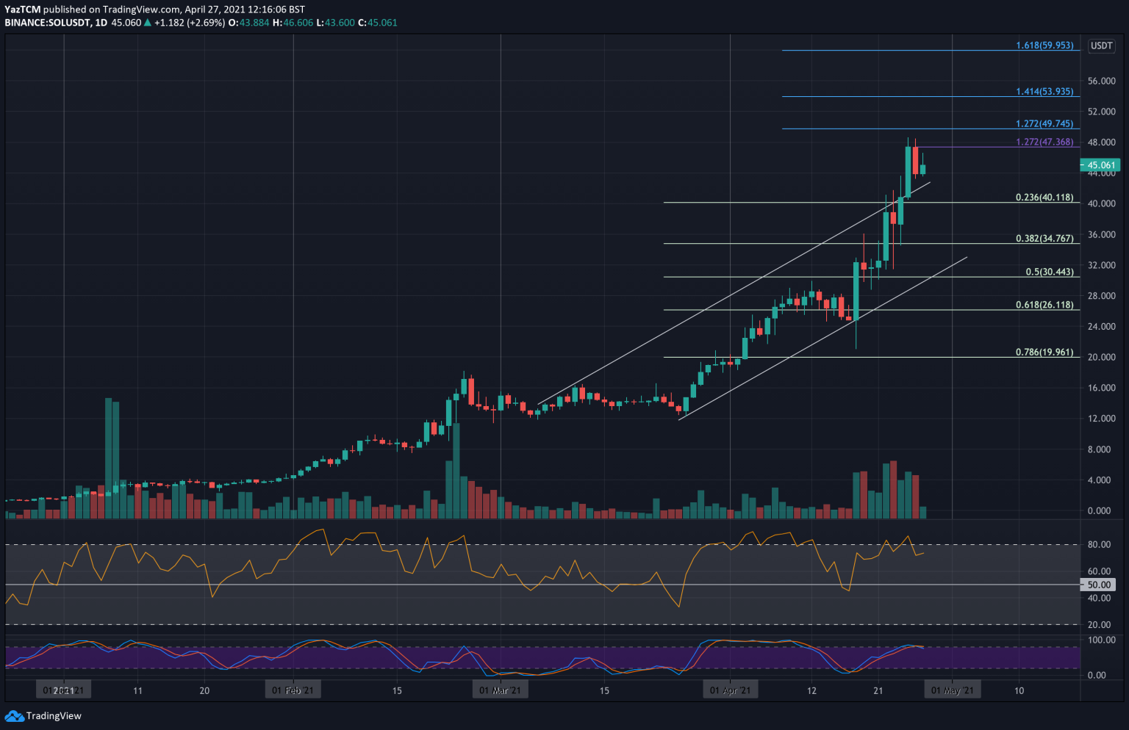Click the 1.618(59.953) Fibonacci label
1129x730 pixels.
[1044, 46]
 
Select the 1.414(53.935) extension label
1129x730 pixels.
[1044, 92]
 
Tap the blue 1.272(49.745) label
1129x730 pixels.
[1044, 124]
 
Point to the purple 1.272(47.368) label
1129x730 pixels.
[1044, 142]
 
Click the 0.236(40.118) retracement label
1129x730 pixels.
[1044, 198]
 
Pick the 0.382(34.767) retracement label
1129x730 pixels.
[1044, 239]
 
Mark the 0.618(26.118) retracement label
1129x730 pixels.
[1044, 305]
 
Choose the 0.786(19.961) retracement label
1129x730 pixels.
[1044, 353]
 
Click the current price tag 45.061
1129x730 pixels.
[1102, 165]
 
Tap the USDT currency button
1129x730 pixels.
[1101, 46]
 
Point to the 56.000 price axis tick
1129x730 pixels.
[1101, 81]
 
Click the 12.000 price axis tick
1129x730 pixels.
[1101, 419]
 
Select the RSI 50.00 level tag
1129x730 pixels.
[1099, 585]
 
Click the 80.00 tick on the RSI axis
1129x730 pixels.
[1099, 545]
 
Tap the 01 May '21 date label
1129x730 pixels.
[953, 691]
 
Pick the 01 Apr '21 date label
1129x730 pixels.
[730, 691]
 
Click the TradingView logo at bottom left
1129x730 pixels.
[43, 716]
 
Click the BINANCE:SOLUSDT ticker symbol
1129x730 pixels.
[47, 23]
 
